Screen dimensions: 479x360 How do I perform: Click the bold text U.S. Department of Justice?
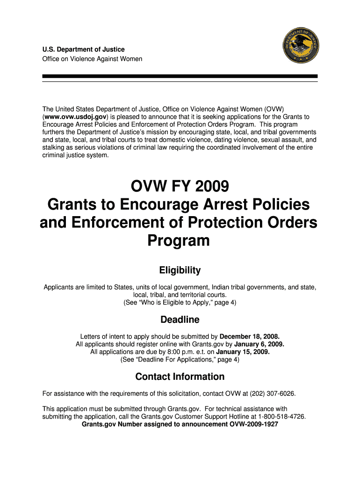coord(84,50)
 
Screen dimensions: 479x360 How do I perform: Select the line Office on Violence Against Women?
coord(92,59)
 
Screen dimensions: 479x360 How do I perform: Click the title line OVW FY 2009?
coord(180,187)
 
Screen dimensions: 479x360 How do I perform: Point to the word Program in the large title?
coord(179,241)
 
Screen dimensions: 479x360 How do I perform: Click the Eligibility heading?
coord(180,270)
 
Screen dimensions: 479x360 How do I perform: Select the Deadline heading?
coord(180,320)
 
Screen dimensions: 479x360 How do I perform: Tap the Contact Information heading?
coord(180,377)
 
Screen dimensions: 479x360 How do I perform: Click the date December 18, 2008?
coord(250,336)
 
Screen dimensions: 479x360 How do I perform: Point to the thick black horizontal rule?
coord(180,76)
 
